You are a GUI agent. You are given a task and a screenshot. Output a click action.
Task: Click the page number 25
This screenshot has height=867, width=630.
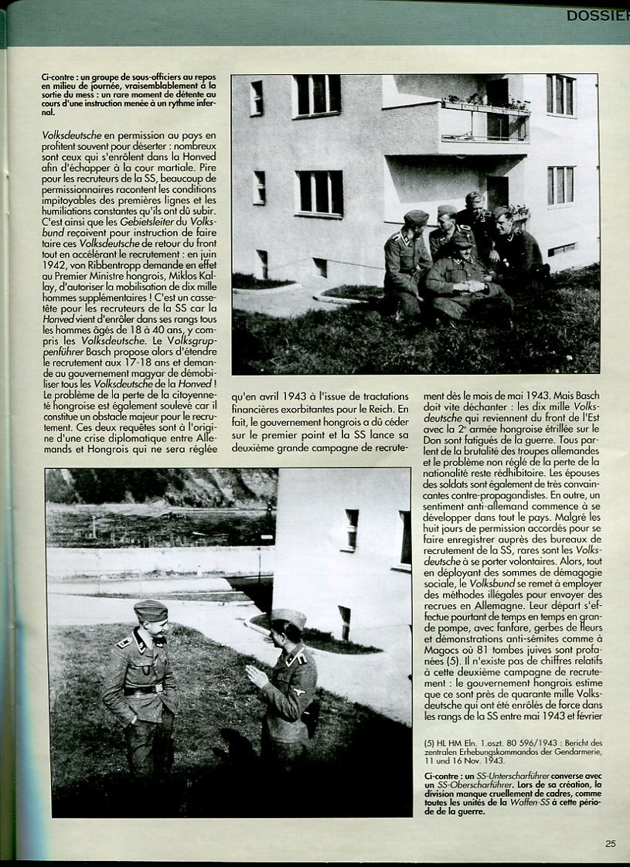pyautogui.click(x=611, y=844)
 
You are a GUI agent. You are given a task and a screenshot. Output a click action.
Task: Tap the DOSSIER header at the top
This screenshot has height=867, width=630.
pyautogui.click(x=597, y=15)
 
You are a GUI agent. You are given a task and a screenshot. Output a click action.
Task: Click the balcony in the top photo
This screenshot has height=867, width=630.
pyautogui.click(x=485, y=124)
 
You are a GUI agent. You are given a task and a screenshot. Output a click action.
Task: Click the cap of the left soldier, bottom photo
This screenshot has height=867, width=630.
pyautogui.click(x=151, y=610)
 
